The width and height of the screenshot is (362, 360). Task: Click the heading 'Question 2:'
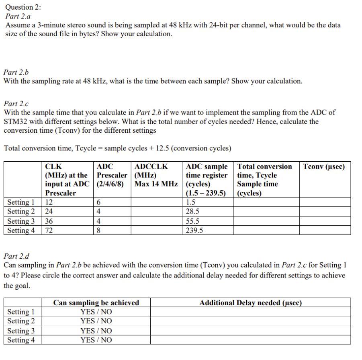click(23, 7)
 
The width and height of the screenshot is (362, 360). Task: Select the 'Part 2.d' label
click(16, 256)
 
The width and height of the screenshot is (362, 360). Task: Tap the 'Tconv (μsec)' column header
click(324, 167)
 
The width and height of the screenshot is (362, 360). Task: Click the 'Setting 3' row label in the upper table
click(21, 221)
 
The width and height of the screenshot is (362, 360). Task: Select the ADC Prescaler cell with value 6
click(99, 202)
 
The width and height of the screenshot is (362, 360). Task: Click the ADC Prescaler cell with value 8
click(99, 230)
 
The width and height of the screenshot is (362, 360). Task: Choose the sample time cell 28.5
click(192, 212)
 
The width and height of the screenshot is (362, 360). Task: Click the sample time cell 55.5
click(192, 221)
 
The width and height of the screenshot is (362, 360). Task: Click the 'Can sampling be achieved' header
click(96, 303)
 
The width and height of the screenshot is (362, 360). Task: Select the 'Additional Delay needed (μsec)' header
click(250, 303)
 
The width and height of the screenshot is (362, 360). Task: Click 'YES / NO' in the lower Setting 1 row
click(96, 312)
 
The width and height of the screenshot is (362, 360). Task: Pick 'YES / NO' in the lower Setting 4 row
click(96, 340)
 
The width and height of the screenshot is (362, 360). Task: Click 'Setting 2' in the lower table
click(21, 321)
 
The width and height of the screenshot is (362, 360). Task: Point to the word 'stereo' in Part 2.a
click(77, 25)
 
